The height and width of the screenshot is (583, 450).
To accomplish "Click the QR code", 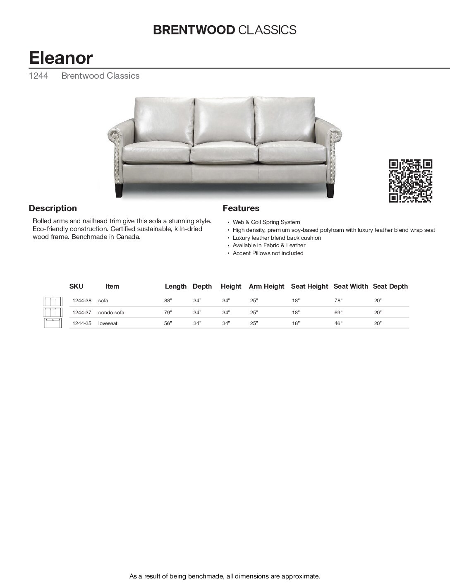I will (x=411, y=181).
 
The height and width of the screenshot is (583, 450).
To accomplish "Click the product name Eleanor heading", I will (x=60, y=58).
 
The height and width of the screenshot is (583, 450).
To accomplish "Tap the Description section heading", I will (x=53, y=208).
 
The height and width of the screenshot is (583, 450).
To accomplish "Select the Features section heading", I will (x=241, y=208).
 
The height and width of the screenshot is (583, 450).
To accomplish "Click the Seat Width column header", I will (x=350, y=286).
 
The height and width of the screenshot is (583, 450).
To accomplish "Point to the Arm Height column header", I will (x=266, y=286).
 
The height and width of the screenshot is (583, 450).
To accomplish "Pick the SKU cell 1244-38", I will (x=81, y=301).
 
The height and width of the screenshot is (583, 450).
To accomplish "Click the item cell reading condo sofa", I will (x=111, y=312).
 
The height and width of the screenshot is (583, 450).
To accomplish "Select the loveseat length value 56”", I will (x=168, y=323).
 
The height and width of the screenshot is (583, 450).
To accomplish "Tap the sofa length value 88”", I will (x=168, y=301).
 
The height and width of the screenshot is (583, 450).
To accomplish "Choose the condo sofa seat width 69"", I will (x=338, y=312).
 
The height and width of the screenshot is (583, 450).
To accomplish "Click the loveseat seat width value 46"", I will (x=338, y=323).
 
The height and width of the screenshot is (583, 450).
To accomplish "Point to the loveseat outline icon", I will (x=53, y=323).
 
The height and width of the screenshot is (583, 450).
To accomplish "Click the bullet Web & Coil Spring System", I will (x=266, y=222).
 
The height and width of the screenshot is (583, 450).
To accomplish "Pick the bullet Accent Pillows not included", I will (x=268, y=253).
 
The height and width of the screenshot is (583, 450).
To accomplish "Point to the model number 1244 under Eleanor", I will (x=38, y=76).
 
